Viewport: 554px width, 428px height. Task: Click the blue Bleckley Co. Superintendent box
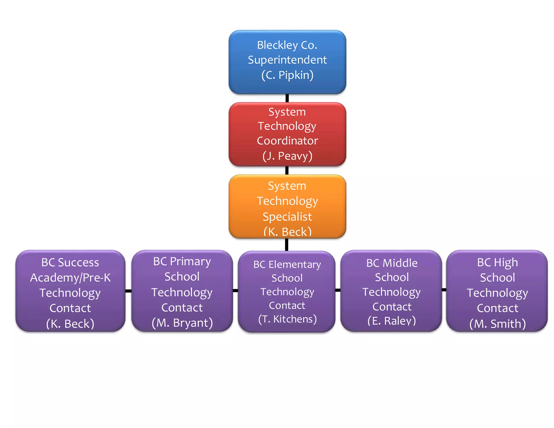coord(287,62)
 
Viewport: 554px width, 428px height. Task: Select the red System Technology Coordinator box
coord(287,134)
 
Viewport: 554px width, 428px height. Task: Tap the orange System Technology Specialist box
coord(287,206)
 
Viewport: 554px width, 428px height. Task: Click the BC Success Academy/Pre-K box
coord(70,291)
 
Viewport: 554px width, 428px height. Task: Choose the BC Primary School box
coord(182,291)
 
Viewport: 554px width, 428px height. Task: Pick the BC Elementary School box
coord(287,291)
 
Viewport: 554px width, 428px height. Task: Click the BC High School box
coord(497,291)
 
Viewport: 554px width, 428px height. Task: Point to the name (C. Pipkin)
coord(287,75)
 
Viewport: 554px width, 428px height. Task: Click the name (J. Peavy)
coord(287,156)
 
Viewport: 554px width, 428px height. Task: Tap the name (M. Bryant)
coord(182,323)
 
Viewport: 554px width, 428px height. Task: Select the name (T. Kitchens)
coord(287,319)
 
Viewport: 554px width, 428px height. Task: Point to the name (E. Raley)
coord(391,321)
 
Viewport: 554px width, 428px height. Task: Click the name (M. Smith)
coord(497,324)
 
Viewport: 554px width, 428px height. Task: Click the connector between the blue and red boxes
coord(287,98)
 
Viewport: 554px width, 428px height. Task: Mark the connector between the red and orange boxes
coord(287,170)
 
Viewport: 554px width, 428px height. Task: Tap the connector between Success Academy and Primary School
coord(128,291)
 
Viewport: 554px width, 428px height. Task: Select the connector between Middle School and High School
coord(444,290)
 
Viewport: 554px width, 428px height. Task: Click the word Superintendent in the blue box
coord(287,60)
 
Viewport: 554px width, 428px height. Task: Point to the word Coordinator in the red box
coord(287,141)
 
